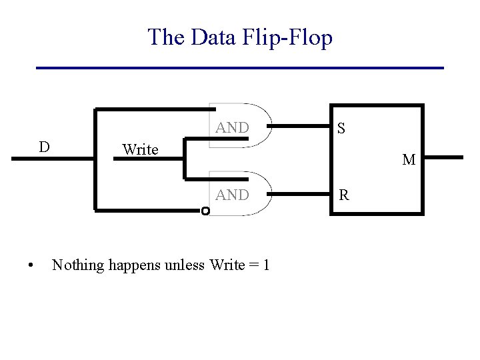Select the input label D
[44, 146]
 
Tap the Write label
[140, 150]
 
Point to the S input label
[341, 128]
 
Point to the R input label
[344, 196]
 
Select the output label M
[408, 160]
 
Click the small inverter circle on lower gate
[205, 211]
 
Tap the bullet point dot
[31, 266]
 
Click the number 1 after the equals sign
[267, 265]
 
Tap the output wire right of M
[443, 157]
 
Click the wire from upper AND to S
[301, 125]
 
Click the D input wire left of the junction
[53, 159]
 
